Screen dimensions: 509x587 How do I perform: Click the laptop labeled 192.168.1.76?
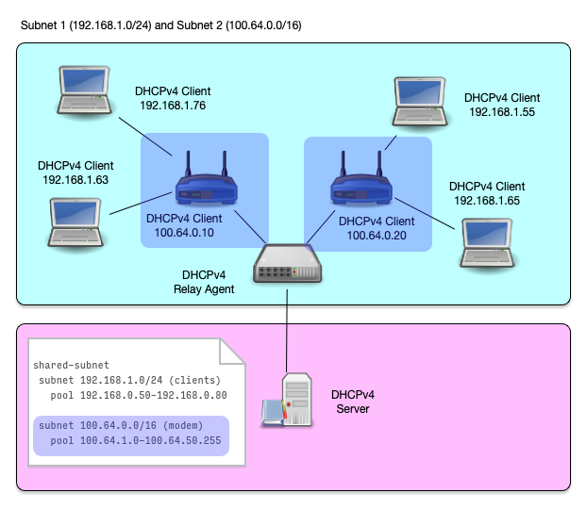coord(84,92)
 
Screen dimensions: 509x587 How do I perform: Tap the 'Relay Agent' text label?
coord(203,289)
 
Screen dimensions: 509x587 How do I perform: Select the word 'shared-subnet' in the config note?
coord(71,365)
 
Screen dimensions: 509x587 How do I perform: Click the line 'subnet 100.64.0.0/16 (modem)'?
coord(122,426)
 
